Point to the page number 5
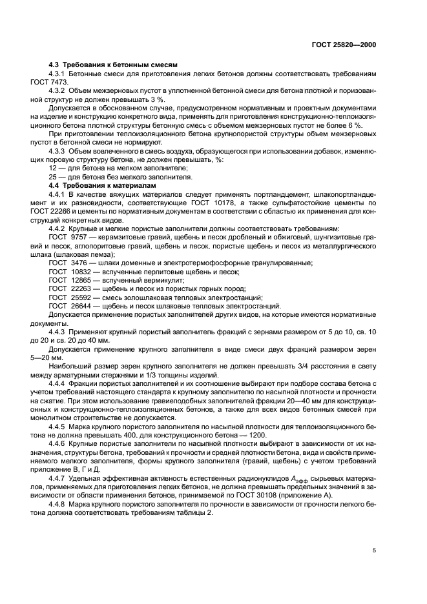pos(374,550)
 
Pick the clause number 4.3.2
pos(60,91)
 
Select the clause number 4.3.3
pos(60,151)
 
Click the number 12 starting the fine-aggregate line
pos(53,168)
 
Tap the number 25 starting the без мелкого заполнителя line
pos(53,177)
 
